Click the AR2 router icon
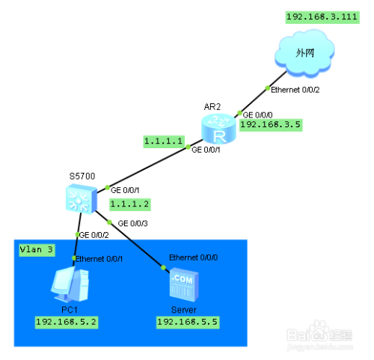tap(218, 129)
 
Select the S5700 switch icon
tap(82, 199)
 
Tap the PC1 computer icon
tap(70, 284)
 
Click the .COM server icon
tap(184, 284)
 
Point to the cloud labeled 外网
tap(304, 52)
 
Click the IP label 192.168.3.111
tap(322, 17)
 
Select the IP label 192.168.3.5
tap(271, 125)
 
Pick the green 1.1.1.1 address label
tap(164, 141)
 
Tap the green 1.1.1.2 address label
tap(130, 204)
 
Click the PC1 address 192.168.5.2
tap(67, 323)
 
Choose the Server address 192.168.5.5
tap(188, 323)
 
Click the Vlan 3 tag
tap(37, 250)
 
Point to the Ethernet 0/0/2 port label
tap(295, 90)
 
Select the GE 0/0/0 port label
tap(257, 115)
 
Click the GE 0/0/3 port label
tap(132, 223)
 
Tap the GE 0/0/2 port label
tap(93, 235)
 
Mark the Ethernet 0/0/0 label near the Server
tap(194, 257)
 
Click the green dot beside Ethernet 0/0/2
tap(268, 88)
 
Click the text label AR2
tap(212, 107)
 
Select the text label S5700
tap(82, 177)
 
